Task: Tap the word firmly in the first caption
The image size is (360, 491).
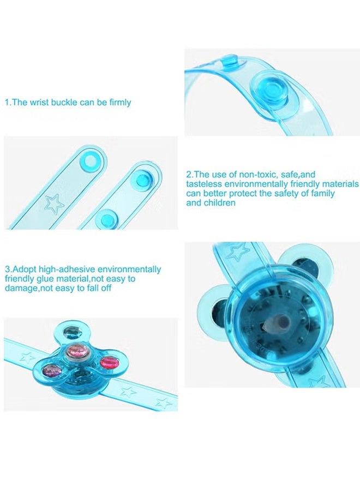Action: point(119,102)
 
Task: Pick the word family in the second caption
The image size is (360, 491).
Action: point(321,194)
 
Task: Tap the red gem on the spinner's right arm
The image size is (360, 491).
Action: point(109,361)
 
